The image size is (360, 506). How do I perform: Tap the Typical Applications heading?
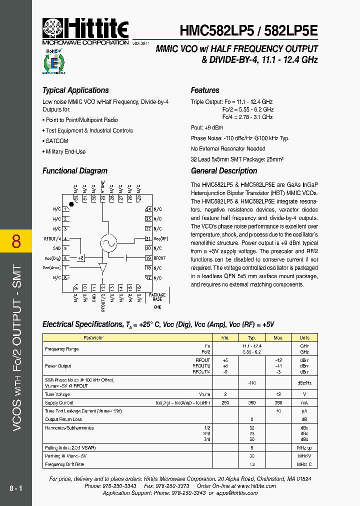coord(75,90)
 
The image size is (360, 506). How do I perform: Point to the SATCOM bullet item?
coord(56,141)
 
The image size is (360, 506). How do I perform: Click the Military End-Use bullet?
coord(65,151)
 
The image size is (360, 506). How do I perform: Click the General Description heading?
coord(224,171)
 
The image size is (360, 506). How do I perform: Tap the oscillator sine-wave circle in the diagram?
coord(108,242)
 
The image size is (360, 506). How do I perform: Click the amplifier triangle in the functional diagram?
coord(103,267)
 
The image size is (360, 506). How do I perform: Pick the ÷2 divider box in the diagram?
coord(81,258)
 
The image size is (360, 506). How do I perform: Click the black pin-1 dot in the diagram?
coord(71,204)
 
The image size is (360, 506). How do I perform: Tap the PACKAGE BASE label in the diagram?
coord(157,297)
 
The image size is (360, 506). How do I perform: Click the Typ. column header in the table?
coord(252,337)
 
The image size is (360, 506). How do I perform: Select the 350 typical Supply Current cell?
coord(252,402)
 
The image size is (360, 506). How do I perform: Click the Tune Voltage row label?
coord(57,394)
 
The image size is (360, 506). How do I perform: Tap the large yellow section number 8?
coord(16,241)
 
